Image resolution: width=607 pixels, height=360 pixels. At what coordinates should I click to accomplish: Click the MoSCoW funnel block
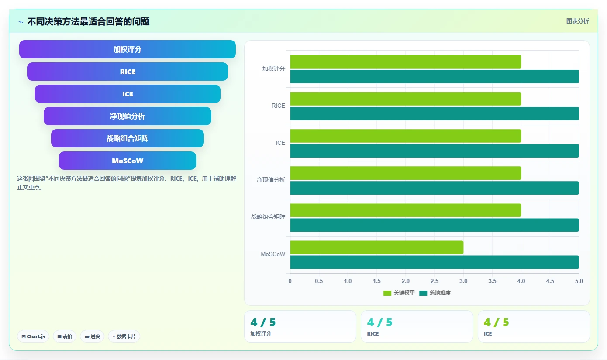[128, 161]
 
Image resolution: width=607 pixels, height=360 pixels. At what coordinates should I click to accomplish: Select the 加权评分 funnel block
[128, 49]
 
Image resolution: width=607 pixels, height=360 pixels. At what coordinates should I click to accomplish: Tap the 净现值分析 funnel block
[128, 116]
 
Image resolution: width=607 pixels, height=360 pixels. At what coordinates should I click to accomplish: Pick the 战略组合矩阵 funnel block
[128, 138]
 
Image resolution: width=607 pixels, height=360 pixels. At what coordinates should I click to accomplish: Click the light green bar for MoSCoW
[377, 247]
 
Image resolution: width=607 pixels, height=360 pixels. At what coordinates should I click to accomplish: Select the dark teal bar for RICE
[435, 113]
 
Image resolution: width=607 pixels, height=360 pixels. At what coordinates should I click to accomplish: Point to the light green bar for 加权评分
[406, 62]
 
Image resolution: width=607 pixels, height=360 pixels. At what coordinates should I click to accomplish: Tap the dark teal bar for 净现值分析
[435, 188]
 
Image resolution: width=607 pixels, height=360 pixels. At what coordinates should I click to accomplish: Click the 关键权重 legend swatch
[387, 293]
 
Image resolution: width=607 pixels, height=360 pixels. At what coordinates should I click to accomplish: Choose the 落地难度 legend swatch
[423, 293]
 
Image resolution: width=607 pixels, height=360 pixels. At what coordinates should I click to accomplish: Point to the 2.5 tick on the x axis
[435, 281]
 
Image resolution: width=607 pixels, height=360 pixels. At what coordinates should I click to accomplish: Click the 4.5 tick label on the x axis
[550, 281]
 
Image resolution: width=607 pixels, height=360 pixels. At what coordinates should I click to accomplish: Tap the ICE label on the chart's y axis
[280, 143]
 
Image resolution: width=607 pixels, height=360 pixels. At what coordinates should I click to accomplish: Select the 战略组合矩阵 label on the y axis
[268, 217]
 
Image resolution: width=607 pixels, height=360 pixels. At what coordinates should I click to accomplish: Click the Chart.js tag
[33, 336]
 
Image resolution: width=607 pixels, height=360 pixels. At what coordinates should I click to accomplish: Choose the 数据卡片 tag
[124, 336]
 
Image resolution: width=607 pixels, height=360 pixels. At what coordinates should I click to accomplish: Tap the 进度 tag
[92, 336]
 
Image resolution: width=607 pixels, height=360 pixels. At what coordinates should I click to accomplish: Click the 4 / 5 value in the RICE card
[379, 322]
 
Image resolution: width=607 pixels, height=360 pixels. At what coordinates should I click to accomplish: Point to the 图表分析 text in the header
[577, 21]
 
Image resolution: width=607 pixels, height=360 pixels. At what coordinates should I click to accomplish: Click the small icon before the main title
[21, 22]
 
